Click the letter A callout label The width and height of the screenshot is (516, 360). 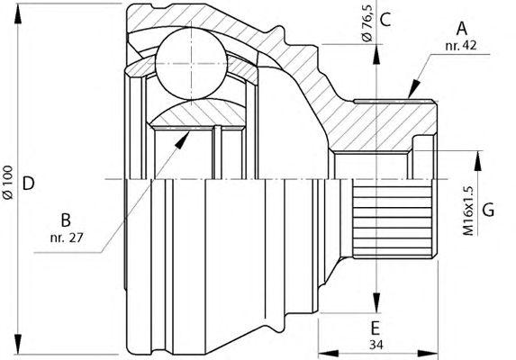click(x=461, y=29)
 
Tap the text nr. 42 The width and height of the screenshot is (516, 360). click(x=461, y=45)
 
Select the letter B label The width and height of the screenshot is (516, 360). click(x=66, y=220)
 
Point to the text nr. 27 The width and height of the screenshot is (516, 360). click(x=67, y=237)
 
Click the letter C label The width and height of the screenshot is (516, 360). click(x=385, y=20)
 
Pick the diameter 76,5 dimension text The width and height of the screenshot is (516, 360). click(x=367, y=23)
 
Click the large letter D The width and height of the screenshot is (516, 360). click(x=28, y=183)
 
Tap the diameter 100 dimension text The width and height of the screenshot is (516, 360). click(x=7, y=183)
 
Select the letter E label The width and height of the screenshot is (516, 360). click(x=376, y=328)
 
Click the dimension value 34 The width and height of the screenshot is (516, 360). click(x=376, y=345)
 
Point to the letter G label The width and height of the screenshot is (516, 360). click(x=488, y=210)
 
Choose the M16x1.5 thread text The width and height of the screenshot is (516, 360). click(x=468, y=211)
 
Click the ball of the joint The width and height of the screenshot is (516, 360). click(x=191, y=64)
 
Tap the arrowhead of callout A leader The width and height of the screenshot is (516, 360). click(x=414, y=88)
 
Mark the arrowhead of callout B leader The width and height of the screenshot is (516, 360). click(x=182, y=140)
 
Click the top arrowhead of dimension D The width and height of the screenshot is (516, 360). click(x=18, y=13)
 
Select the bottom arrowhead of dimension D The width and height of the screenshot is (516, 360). click(x=18, y=344)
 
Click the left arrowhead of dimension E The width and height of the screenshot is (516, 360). click(x=329, y=354)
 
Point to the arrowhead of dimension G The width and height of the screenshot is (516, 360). click(x=478, y=161)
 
